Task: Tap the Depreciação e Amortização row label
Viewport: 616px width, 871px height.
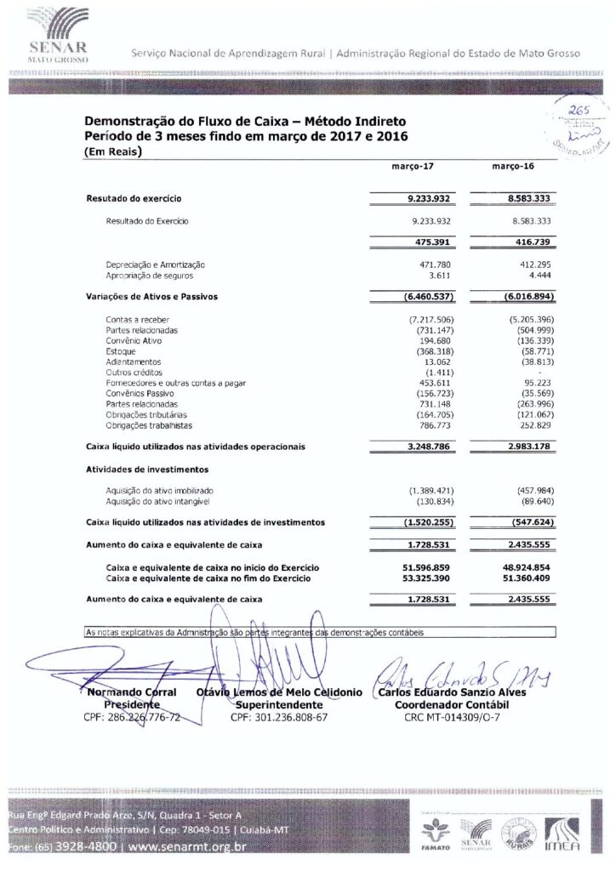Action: pos(156,266)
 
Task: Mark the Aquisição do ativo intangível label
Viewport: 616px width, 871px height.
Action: pos(158,502)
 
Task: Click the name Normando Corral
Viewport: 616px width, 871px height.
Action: pos(133,692)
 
